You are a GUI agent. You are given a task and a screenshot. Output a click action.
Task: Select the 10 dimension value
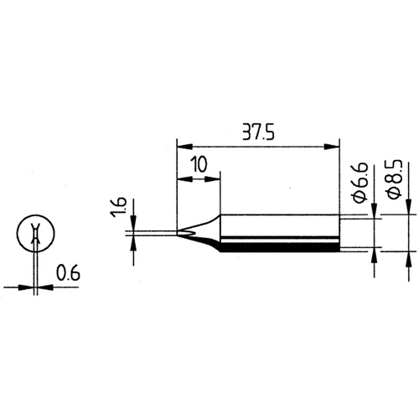(197, 163)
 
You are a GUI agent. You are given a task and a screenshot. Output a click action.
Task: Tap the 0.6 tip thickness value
(65, 272)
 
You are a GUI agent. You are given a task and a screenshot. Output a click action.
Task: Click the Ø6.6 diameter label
(359, 185)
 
